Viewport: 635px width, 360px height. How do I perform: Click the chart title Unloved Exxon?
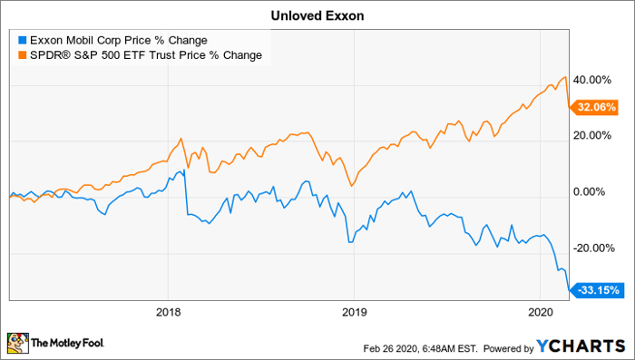click(317, 15)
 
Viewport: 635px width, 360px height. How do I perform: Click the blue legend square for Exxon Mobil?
click(21, 40)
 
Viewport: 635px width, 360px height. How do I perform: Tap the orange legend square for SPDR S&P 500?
click(21, 55)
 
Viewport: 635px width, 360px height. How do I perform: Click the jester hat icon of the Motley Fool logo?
click(18, 344)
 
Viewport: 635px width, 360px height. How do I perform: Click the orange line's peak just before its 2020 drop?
click(566, 76)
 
